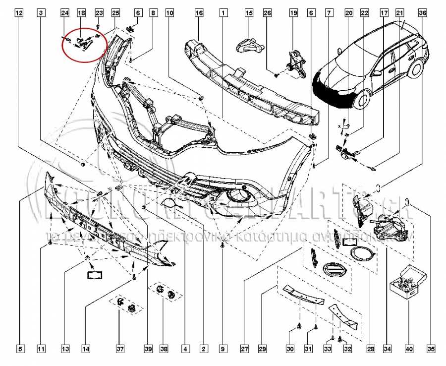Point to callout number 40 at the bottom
[x=408, y=350]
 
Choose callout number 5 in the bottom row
[x=20, y=350]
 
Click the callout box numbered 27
[x=244, y=350]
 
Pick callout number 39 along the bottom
[x=148, y=350]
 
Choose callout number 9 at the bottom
[x=223, y=350]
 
